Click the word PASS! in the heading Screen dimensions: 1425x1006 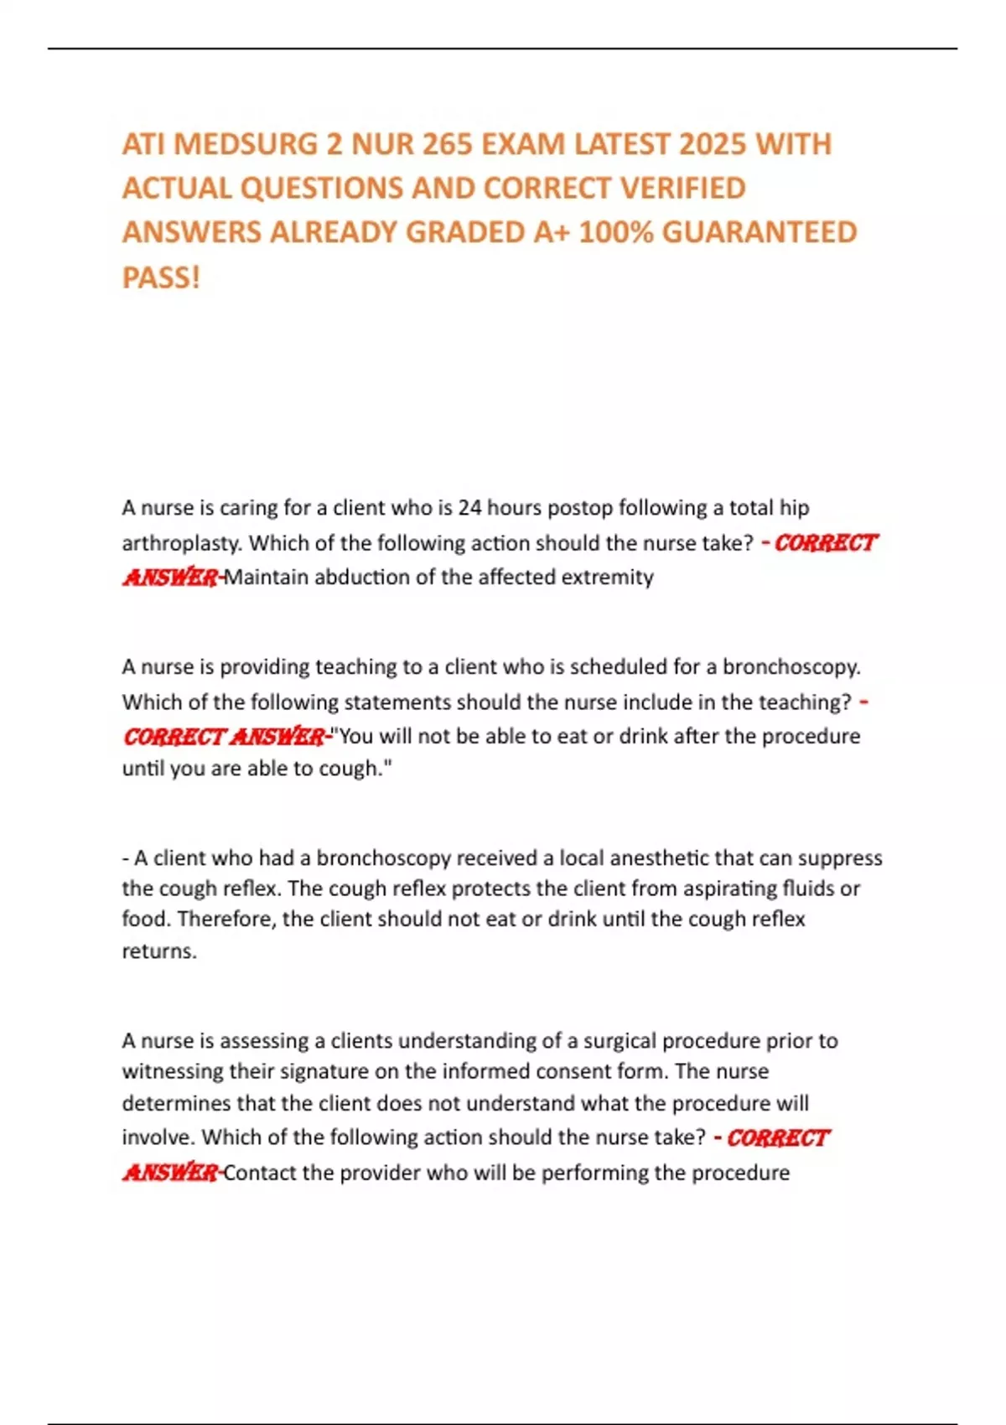pyautogui.click(x=161, y=277)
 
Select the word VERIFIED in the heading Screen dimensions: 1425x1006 pyautogui.click(x=682, y=189)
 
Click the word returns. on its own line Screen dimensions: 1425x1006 pyautogui.click(x=159, y=951)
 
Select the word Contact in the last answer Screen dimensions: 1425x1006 pyautogui.click(x=260, y=1173)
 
